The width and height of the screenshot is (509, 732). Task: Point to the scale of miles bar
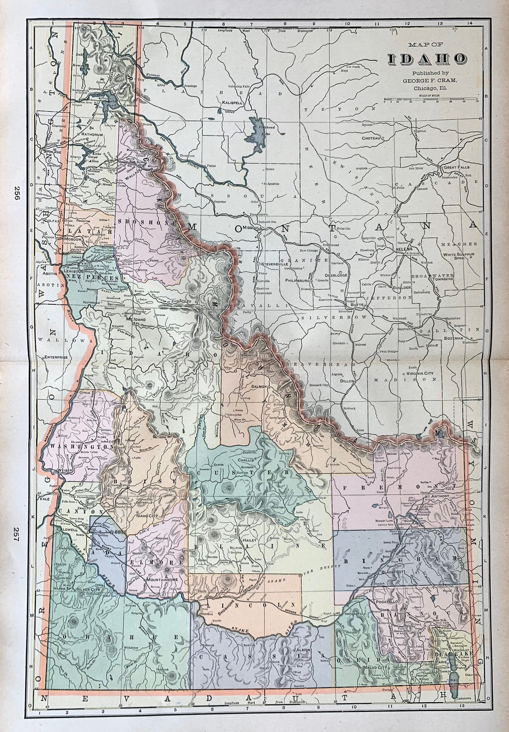coord(430,100)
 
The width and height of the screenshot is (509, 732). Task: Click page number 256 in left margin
coord(17,193)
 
